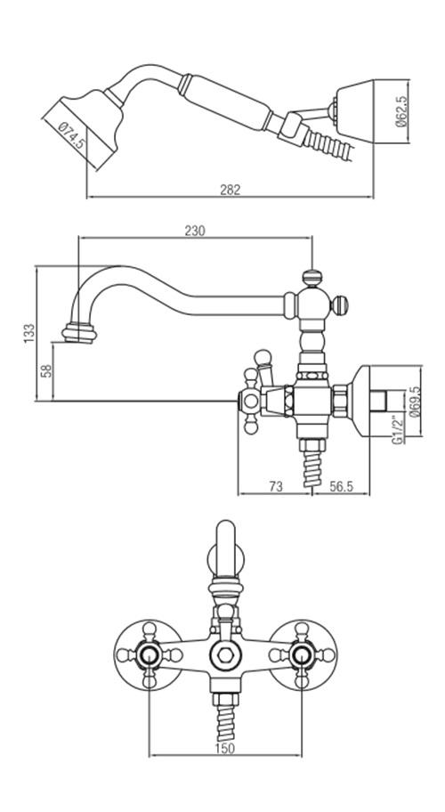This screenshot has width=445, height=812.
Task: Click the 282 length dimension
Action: point(231,190)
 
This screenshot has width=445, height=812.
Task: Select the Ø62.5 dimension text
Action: point(401,111)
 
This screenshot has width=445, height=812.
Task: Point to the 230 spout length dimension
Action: point(195,231)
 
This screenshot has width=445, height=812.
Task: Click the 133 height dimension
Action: point(29,333)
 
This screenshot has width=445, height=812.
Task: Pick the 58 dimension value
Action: point(46,370)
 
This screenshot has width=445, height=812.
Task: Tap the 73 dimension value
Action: point(276,486)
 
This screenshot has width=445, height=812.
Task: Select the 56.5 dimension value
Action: point(342,486)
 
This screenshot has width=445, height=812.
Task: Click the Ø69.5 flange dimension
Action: point(414,402)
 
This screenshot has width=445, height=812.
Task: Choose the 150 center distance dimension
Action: point(225,748)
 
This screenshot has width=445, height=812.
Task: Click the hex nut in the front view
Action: point(225,654)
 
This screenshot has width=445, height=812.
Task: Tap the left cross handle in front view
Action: point(149,655)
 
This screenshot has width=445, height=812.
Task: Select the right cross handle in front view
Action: point(303,655)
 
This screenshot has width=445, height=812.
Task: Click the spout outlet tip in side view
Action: point(79,333)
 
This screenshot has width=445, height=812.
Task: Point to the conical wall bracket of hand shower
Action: point(354,110)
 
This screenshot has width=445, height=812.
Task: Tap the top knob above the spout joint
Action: point(311,278)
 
